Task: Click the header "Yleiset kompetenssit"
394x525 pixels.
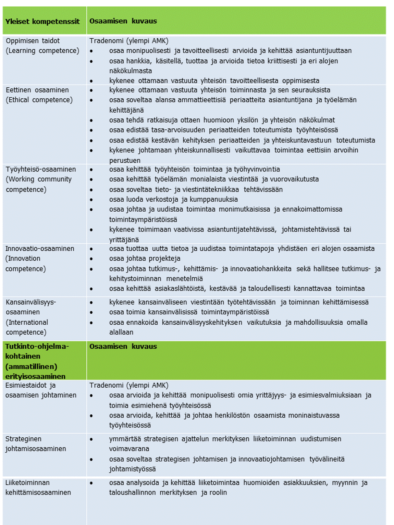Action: point(42,21)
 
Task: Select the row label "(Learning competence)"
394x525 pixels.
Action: point(42,51)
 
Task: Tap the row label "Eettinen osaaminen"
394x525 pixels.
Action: point(37,90)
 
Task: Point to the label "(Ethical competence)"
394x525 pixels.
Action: point(39,100)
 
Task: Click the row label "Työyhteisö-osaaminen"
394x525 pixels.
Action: point(41,169)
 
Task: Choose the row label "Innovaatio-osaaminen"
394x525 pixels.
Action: point(40,249)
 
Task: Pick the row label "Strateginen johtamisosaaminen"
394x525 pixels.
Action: point(36,444)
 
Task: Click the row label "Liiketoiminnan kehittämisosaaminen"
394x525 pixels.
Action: point(38,488)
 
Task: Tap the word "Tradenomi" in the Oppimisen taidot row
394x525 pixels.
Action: point(107,41)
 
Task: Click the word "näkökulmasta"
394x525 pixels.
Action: point(131,71)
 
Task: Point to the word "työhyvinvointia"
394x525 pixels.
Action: point(257,169)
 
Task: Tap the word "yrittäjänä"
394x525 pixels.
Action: point(124,240)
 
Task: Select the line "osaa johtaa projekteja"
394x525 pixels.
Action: point(145,259)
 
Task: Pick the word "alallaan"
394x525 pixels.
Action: point(121,332)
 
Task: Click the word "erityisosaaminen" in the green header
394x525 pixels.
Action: point(35,376)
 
